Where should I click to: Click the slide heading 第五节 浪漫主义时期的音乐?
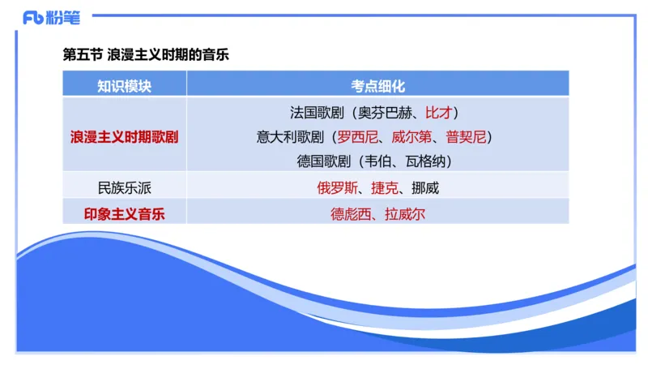[146, 54]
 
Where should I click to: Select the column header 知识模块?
[124, 85]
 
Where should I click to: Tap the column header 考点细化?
[377, 85]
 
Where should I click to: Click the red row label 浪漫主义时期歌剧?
[124, 136]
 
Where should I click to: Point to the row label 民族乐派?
[124, 188]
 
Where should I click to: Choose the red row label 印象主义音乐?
[124, 214]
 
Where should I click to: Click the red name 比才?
[441, 112]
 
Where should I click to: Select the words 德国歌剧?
[323, 161]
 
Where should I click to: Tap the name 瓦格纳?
[425, 161]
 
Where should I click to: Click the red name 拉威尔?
[405, 214]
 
